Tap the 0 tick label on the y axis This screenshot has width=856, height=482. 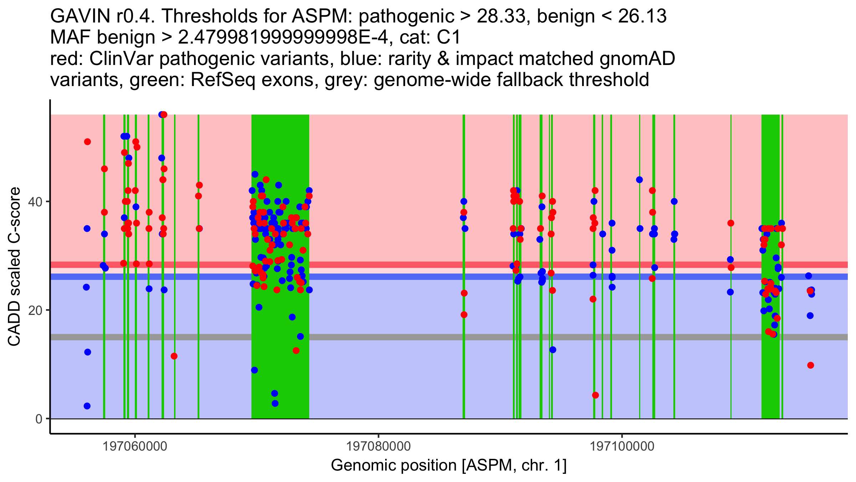(39, 419)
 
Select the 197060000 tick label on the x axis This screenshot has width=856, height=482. (135, 446)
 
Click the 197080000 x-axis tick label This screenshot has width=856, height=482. (378, 446)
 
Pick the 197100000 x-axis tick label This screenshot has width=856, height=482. (622, 446)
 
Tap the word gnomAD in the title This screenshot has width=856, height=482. (637, 59)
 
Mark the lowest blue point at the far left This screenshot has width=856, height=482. (87, 406)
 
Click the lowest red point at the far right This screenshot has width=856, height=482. (810, 365)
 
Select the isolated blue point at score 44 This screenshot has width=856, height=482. (639, 180)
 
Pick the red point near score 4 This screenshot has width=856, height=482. (595, 395)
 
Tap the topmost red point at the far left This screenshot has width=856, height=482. (87, 142)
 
